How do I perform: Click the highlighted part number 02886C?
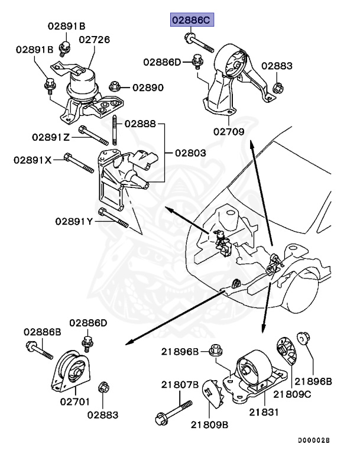click(190, 20)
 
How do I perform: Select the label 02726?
click(94, 40)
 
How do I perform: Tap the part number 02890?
click(148, 87)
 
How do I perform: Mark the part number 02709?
click(229, 132)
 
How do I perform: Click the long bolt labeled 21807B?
click(174, 411)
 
